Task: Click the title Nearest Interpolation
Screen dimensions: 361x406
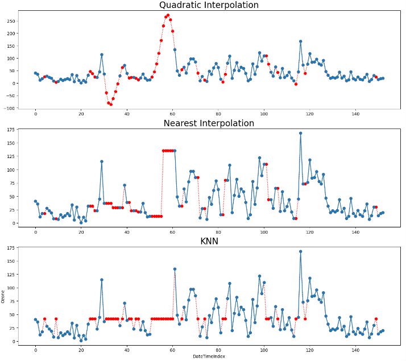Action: click(208, 123)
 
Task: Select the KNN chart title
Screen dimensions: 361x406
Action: click(208, 241)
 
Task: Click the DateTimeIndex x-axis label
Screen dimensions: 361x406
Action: click(208, 356)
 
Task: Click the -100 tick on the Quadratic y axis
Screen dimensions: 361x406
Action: click(9, 108)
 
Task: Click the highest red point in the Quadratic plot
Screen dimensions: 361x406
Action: click(168, 15)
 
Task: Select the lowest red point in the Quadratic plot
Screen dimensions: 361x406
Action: click(110, 104)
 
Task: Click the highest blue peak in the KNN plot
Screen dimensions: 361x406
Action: click(300, 251)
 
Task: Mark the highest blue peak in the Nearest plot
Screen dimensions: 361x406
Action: click(300, 133)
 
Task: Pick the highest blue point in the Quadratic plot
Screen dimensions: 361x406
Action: click(300, 42)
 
